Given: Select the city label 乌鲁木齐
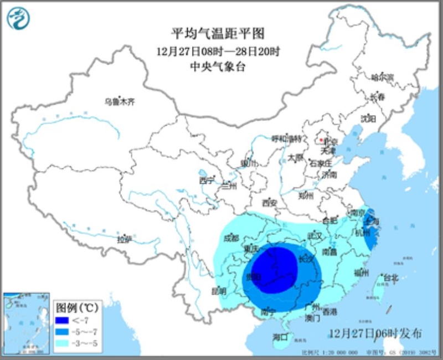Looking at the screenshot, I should click(120, 101).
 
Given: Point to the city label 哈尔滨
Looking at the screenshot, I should click(382, 77).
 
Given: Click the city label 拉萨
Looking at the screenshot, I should click(123, 239).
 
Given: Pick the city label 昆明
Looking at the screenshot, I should click(219, 290).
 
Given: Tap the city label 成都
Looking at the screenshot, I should click(232, 238).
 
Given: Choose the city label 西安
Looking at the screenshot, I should click(270, 202).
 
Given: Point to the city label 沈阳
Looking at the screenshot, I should click(368, 119).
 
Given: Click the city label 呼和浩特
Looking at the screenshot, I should click(287, 138).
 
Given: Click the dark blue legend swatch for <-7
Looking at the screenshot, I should click(63, 321).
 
